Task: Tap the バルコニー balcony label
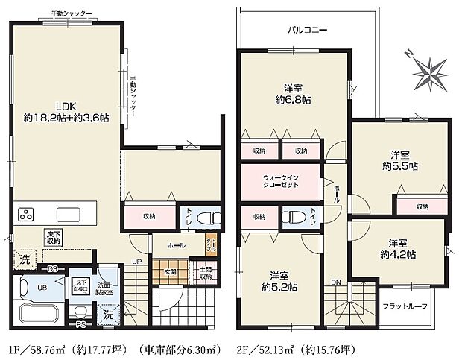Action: click(x=308, y=31)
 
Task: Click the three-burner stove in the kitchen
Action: click(x=26, y=215)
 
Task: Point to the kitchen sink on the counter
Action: click(x=66, y=215)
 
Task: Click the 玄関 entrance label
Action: click(x=170, y=272)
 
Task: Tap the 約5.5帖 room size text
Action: click(x=400, y=166)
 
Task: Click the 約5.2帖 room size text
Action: click(x=279, y=286)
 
